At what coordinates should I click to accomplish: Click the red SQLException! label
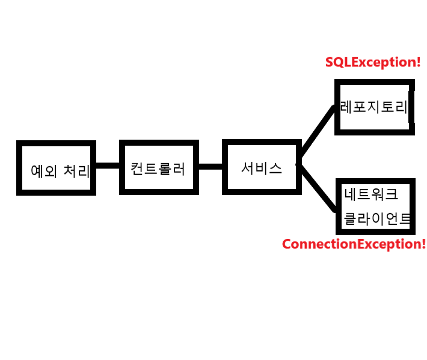[x=373, y=62]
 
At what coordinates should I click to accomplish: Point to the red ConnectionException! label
[x=354, y=244]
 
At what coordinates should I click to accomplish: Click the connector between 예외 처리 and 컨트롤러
[x=108, y=166]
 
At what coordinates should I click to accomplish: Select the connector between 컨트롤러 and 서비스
[x=210, y=166]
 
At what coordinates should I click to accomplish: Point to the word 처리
[x=76, y=172]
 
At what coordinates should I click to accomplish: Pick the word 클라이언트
[x=377, y=218]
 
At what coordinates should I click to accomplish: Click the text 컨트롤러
[x=158, y=169]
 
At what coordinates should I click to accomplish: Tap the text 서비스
[x=262, y=168]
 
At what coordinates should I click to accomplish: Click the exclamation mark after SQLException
[x=418, y=62]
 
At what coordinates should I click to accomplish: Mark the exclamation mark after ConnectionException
[x=423, y=244]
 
